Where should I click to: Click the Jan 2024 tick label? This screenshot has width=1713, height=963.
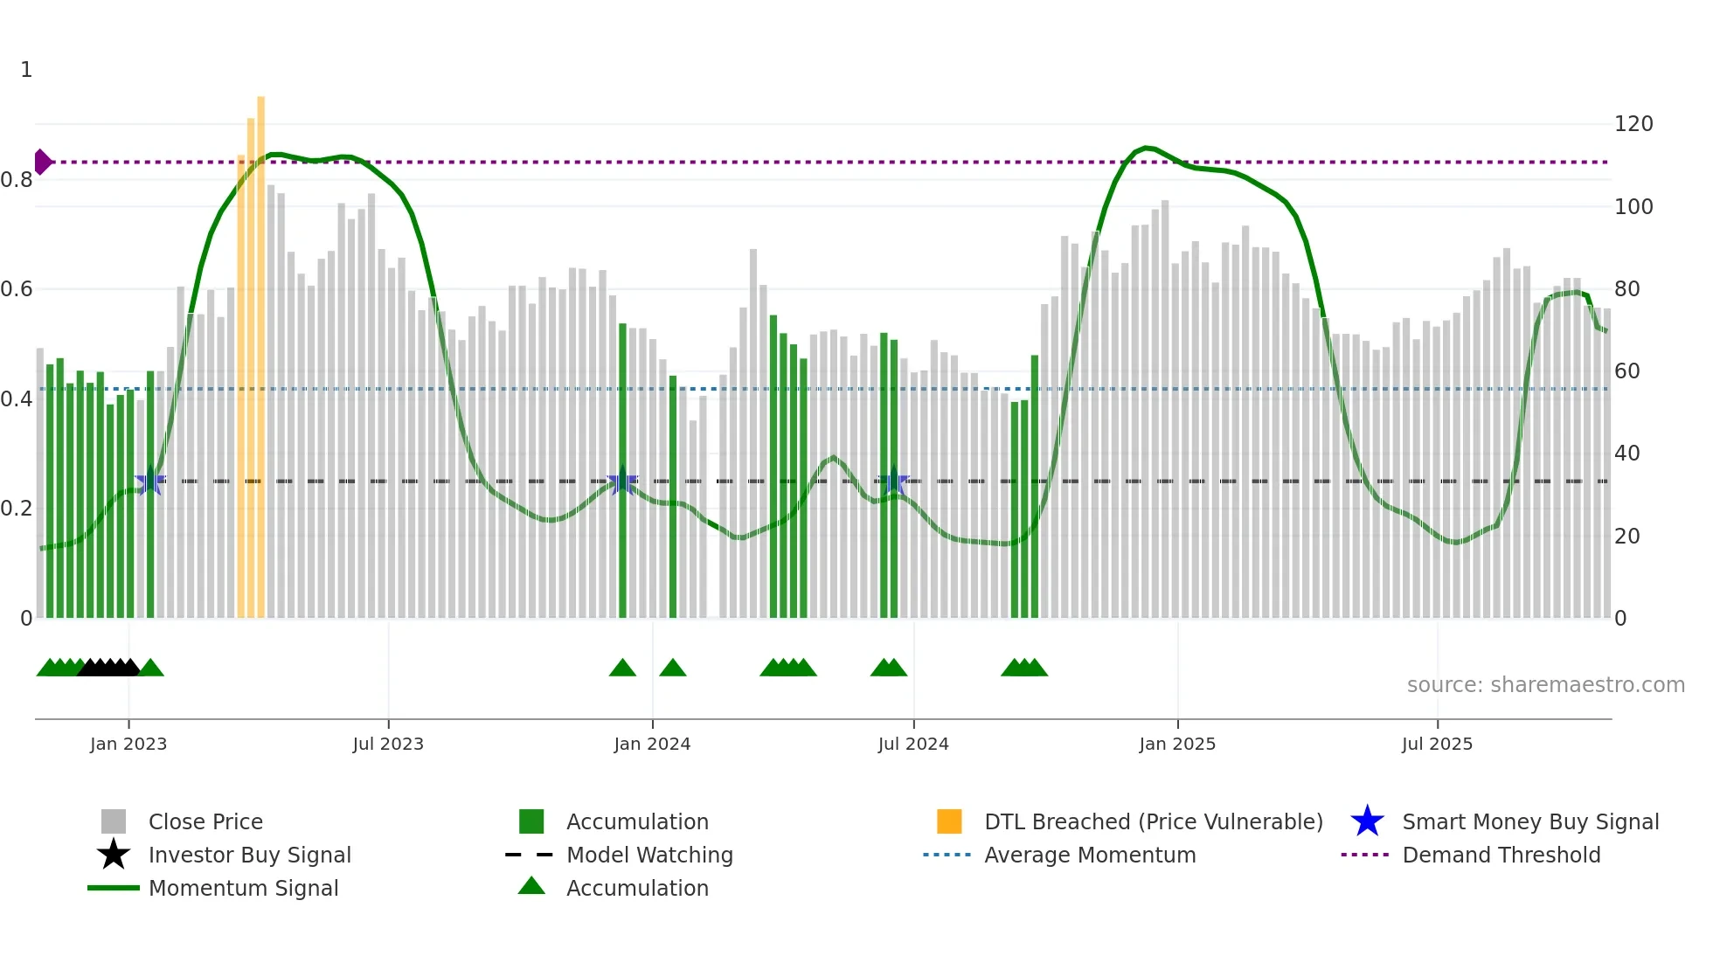tap(652, 744)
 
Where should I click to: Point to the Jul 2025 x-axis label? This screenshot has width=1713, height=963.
tap(1437, 744)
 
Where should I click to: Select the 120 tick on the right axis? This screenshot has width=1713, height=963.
tap(1633, 124)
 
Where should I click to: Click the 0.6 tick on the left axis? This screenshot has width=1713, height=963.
tap(17, 289)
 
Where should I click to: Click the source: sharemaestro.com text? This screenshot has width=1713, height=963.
tap(1545, 685)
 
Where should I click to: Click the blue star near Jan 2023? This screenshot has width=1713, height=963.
tap(150, 481)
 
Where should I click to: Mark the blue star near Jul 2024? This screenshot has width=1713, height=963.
tap(892, 481)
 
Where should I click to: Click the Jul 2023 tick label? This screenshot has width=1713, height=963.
tap(388, 744)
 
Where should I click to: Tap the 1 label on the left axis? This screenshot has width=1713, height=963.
tap(26, 70)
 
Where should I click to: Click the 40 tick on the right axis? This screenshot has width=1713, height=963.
tap(1626, 454)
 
